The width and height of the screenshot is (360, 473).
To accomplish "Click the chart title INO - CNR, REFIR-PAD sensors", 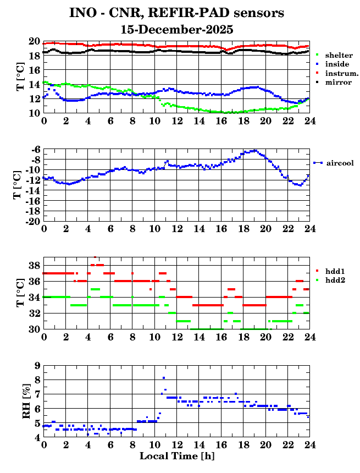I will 176,13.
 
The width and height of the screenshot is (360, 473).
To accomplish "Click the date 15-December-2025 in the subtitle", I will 176,30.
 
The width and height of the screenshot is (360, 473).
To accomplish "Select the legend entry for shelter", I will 338,56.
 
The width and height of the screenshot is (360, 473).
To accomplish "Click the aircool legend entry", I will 339,163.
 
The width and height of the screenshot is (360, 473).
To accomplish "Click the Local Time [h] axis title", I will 176,456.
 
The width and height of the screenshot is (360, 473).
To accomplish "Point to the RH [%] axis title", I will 26,402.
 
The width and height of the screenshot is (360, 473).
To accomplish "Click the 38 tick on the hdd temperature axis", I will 34,265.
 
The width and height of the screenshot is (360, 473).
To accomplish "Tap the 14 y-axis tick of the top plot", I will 34,85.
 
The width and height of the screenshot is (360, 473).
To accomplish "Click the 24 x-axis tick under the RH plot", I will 309,445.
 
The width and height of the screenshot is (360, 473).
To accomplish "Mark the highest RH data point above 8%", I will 164,378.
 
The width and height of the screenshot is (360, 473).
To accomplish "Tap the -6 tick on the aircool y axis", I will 35,150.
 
